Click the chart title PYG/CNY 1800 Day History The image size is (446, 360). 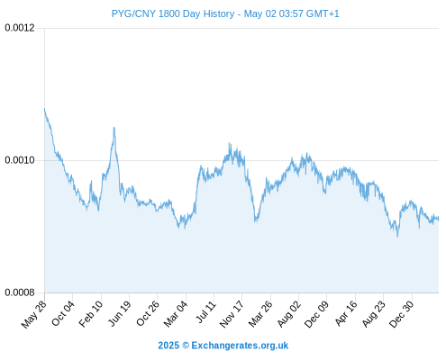173,13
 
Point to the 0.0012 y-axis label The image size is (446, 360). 20,28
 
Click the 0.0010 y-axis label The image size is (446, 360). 20,160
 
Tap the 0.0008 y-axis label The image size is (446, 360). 20,292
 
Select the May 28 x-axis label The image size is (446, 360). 34,314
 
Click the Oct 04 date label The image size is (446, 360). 63,313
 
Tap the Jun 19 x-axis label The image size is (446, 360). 120,313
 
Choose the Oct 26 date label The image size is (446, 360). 148,313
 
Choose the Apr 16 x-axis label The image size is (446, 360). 346,313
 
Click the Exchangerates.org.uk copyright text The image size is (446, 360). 223,346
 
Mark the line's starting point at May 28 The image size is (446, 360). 44,109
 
